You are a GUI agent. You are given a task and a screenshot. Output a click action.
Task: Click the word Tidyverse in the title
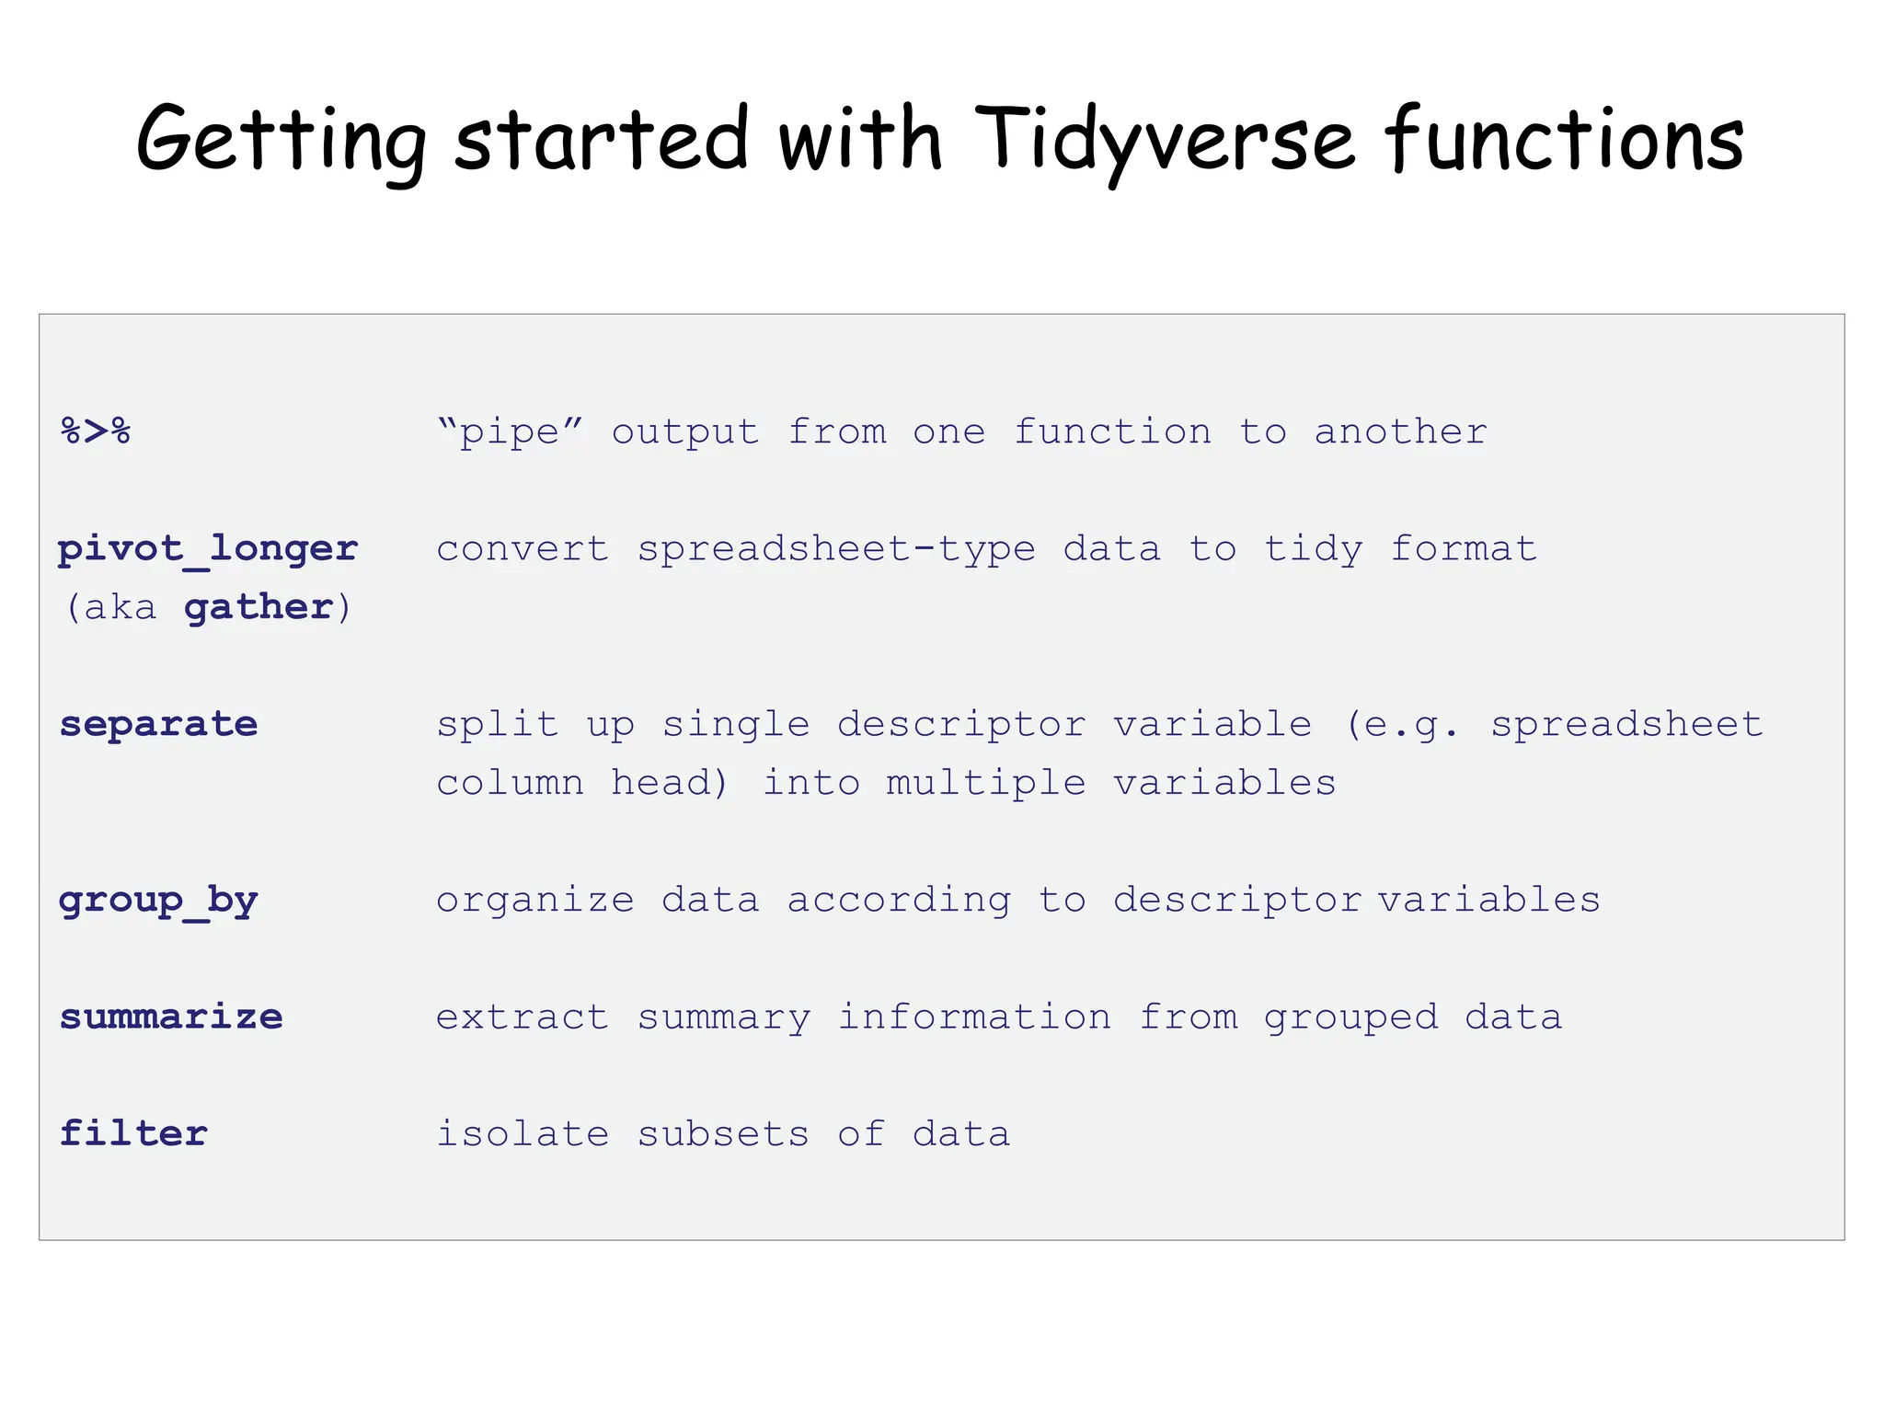1164,140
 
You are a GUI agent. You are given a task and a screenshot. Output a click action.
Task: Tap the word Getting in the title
281,140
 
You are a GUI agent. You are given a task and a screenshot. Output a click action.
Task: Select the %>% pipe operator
96,431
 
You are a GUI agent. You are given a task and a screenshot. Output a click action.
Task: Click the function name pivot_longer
208,549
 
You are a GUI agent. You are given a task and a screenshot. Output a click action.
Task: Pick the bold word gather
258,608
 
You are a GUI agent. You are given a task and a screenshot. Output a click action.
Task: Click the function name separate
158,725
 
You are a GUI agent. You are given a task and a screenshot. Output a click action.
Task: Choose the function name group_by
158,901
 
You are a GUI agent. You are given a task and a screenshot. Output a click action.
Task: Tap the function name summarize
171,1017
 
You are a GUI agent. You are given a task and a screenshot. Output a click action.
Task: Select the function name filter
133,1134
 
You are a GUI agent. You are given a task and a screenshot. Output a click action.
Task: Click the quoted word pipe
510,431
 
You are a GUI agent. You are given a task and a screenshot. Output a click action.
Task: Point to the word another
1400,431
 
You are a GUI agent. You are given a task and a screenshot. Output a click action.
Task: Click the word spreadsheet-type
836,549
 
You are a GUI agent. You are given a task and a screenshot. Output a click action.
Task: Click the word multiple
986,783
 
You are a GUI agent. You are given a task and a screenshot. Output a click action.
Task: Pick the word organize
534,901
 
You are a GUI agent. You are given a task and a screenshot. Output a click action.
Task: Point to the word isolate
522,1134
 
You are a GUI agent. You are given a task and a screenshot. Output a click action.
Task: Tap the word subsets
723,1134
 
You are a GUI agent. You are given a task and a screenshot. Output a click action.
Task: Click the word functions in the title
1564,140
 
